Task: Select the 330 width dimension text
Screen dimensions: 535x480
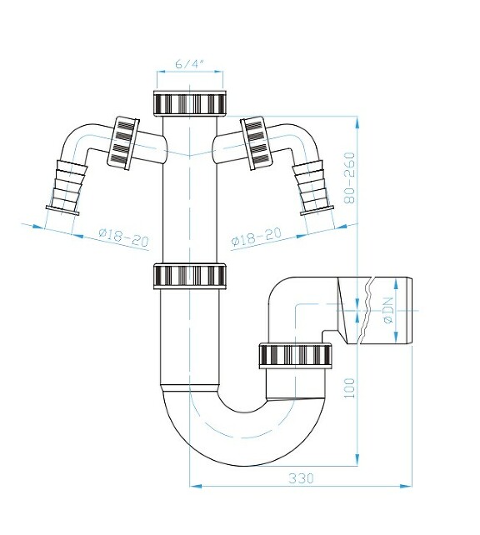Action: click(302, 478)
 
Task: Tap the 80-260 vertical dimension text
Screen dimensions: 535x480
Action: click(350, 178)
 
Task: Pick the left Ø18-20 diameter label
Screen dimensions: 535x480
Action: click(123, 237)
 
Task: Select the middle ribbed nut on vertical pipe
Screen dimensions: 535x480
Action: click(190, 276)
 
